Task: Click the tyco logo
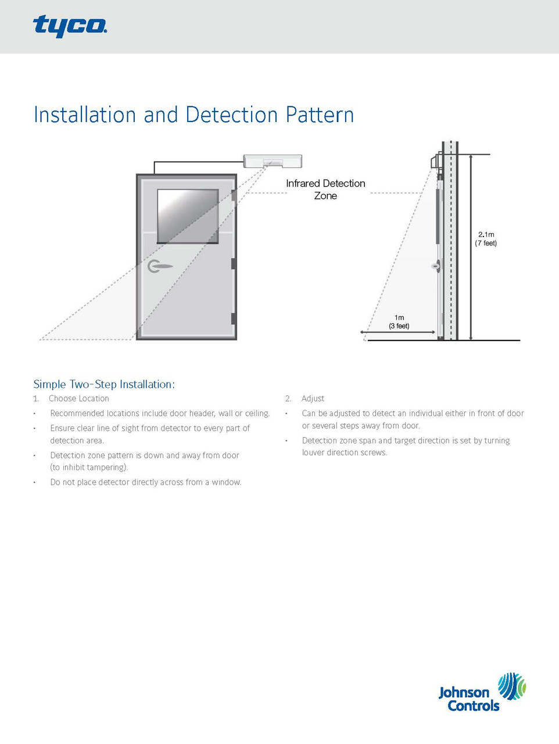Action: point(70,26)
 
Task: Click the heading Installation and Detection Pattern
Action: point(193,115)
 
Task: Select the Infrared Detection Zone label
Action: point(325,189)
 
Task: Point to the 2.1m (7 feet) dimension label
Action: point(486,239)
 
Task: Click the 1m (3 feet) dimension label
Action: point(399,321)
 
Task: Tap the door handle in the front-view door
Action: point(160,267)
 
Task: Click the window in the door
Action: point(188,216)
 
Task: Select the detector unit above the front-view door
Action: point(273,160)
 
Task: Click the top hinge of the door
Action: point(234,196)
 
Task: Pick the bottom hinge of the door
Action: point(234,319)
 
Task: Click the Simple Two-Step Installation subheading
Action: point(104,384)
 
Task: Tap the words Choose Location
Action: point(79,399)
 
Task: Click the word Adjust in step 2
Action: point(313,399)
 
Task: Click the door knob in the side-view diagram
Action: point(435,267)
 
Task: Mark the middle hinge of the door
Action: point(234,263)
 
